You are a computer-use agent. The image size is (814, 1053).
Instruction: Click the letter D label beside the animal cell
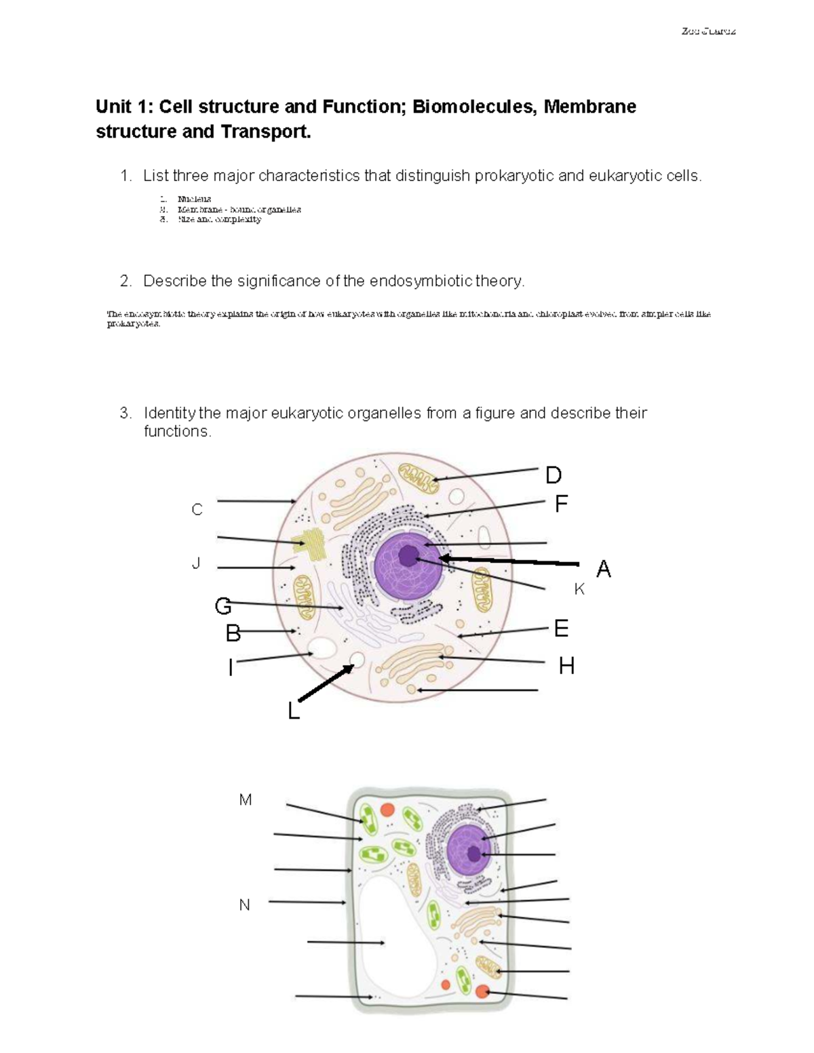(x=554, y=475)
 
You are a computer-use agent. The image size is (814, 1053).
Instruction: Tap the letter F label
(x=560, y=504)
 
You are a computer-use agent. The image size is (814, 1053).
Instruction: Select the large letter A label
(x=603, y=569)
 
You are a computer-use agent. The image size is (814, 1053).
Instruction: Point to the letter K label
(x=579, y=590)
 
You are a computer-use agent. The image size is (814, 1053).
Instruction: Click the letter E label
(x=561, y=629)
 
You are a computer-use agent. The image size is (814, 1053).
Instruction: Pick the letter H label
(x=566, y=667)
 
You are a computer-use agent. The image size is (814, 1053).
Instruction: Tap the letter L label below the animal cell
(x=293, y=711)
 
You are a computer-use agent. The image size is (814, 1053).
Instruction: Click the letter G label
(x=222, y=605)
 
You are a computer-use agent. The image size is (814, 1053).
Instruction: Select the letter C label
(x=197, y=510)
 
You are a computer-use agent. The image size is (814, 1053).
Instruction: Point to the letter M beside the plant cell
(x=246, y=800)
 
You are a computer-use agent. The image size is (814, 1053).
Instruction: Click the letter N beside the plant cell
(x=245, y=905)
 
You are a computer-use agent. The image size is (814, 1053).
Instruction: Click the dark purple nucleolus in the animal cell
(x=408, y=556)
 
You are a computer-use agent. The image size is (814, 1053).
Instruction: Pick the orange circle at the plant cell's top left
(x=387, y=810)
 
